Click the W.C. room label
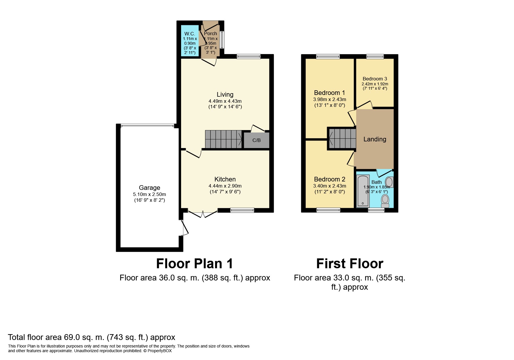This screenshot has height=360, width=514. (190, 34)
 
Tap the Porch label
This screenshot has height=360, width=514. (210, 33)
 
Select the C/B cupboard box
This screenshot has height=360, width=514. (257, 140)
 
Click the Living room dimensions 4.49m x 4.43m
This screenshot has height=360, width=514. (225, 101)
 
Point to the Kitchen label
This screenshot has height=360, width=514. (225, 179)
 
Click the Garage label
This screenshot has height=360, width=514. (149, 188)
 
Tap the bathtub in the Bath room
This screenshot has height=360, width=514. (363, 191)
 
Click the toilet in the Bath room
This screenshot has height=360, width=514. (385, 201)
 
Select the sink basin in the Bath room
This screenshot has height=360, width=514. (389, 182)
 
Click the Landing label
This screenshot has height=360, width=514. (375, 139)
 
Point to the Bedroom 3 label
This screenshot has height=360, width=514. (375, 79)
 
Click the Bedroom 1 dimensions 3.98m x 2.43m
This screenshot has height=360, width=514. (329, 99)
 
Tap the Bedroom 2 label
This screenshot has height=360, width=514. (329, 179)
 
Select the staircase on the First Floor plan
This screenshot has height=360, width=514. (342, 138)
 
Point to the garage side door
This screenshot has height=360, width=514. (184, 228)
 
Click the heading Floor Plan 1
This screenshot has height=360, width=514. (194, 264)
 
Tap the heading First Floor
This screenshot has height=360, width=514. (349, 264)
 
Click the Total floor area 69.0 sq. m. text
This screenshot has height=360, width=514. (91, 337)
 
